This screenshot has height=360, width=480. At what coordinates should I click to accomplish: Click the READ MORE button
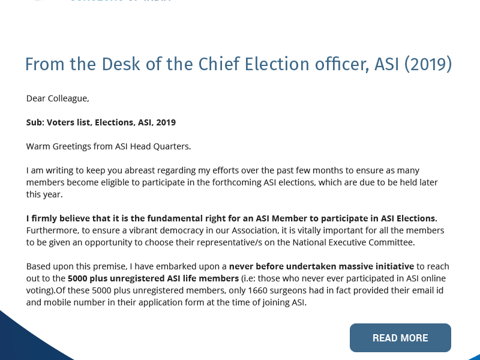tap(400, 338)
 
